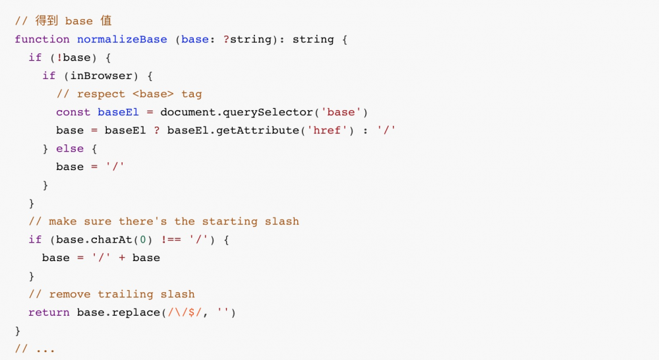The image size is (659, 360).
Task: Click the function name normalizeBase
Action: (x=122, y=40)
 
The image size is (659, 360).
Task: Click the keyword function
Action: (x=42, y=40)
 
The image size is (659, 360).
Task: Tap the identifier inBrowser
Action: (x=101, y=76)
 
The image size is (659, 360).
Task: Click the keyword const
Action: (x=73, y=112)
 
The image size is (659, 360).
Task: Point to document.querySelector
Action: (x=237, y=113)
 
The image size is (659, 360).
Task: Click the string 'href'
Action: (x=328, y=131)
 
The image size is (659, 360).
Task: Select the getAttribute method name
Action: (x=258, y=131)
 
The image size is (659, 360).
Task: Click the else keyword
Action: (x=70, y=148)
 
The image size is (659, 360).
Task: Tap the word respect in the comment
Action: (x=101, y=94)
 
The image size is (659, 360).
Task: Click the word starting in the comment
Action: (x=230, y=222)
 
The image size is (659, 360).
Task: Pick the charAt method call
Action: (x=111, y=240)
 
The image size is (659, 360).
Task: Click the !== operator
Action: (x=171, y=240)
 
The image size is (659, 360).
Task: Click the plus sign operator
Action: (x=122, y=258)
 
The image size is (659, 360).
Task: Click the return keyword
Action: (x=49, y=313)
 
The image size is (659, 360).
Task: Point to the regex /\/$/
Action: (x=185, y=313)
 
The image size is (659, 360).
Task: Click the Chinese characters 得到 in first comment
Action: (x=46, y=20)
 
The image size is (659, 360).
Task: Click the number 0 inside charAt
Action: (x=143, y=240)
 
